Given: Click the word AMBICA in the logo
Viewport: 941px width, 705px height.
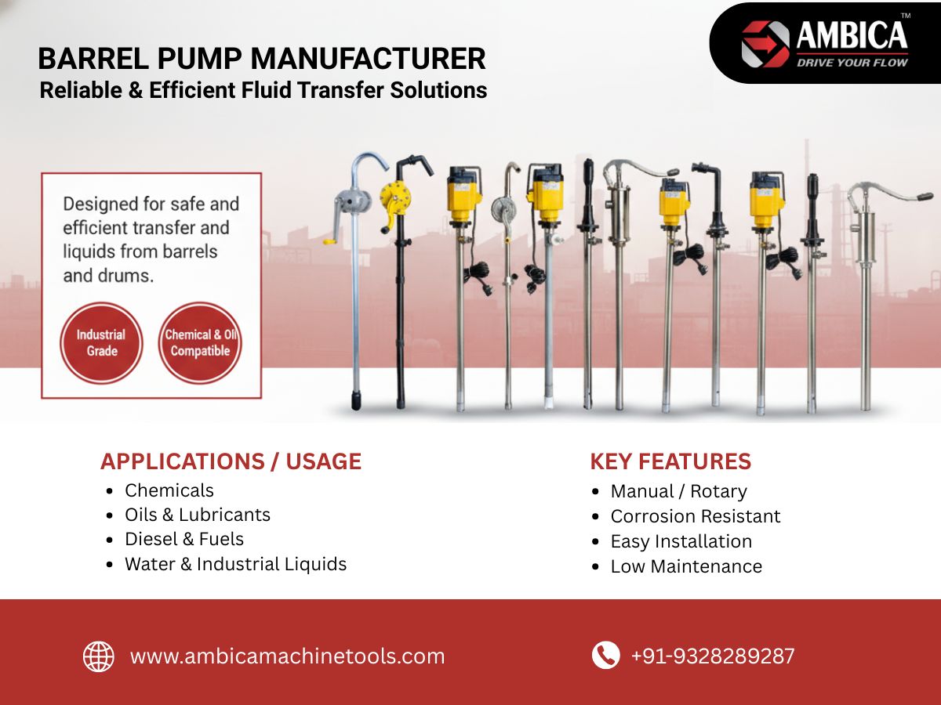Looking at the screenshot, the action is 852,35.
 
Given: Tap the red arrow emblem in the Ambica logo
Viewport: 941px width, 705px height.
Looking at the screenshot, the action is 765,44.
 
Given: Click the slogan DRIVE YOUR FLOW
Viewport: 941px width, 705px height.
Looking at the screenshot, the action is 852,63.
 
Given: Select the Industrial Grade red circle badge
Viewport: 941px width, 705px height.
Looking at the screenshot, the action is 102,343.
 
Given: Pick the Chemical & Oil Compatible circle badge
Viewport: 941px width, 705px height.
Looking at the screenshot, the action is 200,343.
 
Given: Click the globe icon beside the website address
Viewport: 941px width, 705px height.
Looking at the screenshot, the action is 99,656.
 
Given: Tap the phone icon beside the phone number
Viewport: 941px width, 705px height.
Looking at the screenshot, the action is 605,655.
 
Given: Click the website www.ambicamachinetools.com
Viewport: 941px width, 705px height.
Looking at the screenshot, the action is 288,656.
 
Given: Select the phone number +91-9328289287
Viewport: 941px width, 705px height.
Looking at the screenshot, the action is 713,656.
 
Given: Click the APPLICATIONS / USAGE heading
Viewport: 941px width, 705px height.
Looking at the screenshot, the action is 231,461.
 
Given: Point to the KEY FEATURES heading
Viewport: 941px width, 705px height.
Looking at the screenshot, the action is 670,461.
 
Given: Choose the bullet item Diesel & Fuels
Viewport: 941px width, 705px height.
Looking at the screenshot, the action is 184,540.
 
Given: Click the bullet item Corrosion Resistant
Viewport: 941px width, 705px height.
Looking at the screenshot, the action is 696,516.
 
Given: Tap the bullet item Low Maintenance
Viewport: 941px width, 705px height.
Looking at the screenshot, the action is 686,566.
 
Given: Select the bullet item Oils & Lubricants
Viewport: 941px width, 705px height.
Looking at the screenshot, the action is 198,515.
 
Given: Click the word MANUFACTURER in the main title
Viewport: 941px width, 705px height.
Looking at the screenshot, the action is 369,59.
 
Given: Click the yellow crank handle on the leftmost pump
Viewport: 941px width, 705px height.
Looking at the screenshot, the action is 330,242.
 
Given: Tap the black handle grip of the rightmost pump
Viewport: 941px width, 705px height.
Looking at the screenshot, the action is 925,197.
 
